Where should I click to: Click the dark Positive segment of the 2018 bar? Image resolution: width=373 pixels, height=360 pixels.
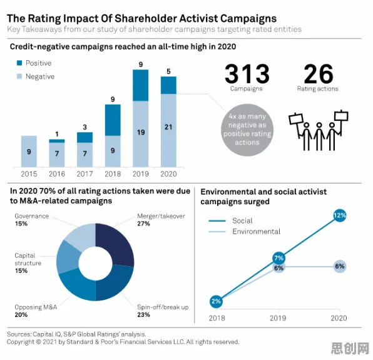point(113,120)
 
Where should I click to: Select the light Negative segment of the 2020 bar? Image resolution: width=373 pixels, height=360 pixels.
point(168,130)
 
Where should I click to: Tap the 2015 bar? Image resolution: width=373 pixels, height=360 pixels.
point(29,152)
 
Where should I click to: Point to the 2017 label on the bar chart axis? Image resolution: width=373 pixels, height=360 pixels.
point(84,174)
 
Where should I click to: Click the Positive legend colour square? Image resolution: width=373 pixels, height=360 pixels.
point(19,63)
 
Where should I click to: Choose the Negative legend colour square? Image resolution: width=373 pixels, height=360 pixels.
point(19,76)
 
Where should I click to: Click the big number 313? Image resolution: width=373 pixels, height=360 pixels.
point(247,73)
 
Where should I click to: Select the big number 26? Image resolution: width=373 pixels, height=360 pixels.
point(319,73)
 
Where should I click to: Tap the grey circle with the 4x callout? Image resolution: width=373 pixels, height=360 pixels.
point(247,130)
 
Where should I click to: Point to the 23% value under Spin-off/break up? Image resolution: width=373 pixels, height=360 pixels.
point(143,315)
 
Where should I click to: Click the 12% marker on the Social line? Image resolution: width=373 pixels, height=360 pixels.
point(339,215)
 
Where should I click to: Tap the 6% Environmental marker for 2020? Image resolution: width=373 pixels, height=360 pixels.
point(340,266)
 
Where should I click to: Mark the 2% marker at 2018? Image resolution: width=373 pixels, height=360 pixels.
point(216,301)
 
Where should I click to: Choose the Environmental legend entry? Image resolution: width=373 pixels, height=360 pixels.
point(245,232)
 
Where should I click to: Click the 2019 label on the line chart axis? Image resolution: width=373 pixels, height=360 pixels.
point(278,318)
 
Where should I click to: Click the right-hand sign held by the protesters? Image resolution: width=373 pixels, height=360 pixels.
point(341,116)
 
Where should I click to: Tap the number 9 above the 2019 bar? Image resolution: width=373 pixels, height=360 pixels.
point(141,64)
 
